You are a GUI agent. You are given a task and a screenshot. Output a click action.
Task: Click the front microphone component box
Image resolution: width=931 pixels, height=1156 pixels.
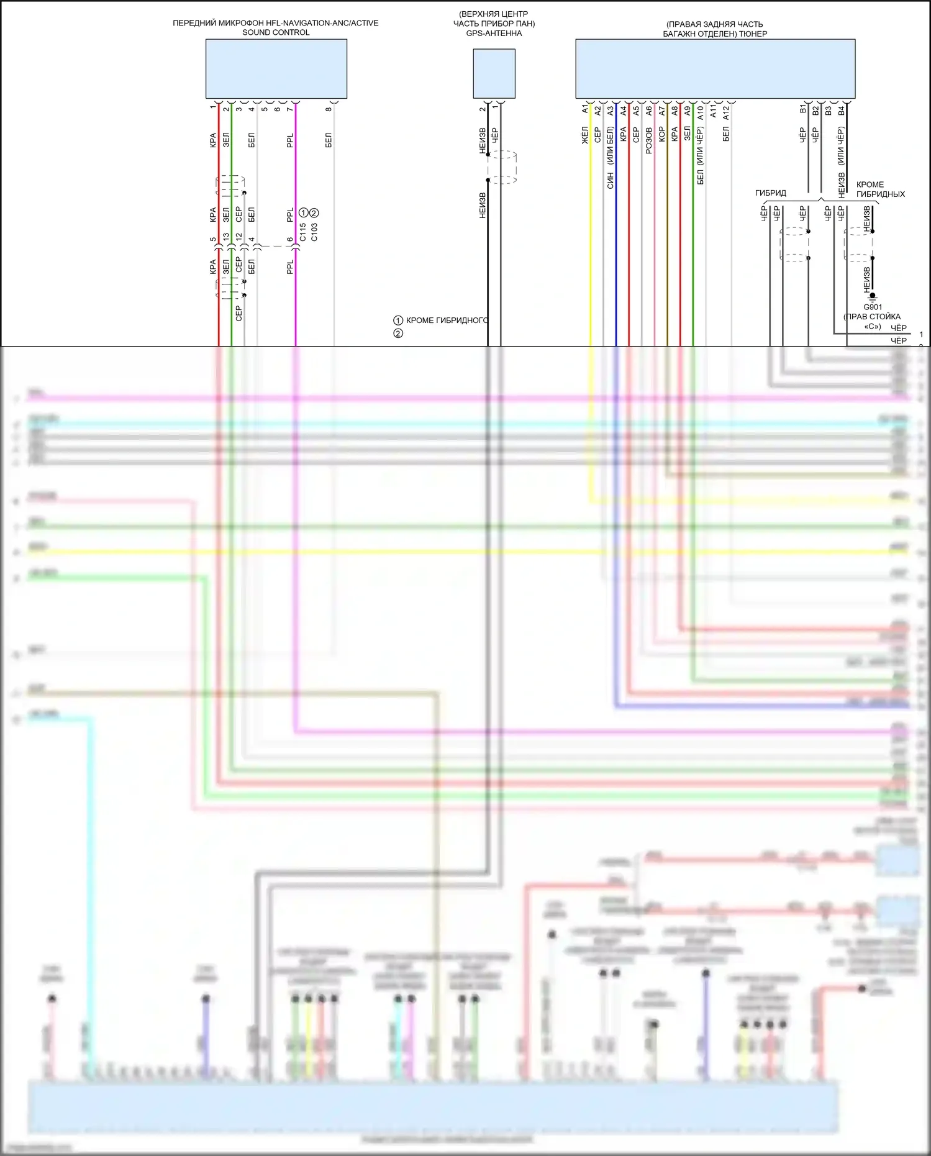pos(276,68)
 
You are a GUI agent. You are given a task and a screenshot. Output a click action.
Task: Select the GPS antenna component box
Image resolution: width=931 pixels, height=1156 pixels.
pos(494,73)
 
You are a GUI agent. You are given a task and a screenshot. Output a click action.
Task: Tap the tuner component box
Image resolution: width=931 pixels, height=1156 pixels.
pos(715,68)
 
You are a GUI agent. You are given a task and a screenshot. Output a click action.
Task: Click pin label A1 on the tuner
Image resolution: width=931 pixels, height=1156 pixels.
pos(584,109)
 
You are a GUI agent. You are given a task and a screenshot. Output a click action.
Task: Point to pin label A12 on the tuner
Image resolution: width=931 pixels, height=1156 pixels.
pos(725,112)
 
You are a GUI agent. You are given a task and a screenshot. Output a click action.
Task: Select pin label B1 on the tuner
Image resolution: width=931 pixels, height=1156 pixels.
pos(802,109)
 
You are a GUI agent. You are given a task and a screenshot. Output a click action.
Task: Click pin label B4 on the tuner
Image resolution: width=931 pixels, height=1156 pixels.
pos(841,111)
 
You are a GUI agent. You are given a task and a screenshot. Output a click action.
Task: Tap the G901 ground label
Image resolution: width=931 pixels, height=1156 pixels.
pos(872,307)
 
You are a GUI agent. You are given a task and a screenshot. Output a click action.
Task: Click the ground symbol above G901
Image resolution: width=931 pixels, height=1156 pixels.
pos(872,297)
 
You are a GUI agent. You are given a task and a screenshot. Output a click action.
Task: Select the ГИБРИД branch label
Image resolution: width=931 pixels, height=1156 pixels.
pos(770,193)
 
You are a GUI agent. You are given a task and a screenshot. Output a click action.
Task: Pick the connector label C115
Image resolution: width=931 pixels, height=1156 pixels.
pos(302,232)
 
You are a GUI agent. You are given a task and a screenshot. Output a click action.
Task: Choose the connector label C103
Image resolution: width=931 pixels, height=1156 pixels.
pos(314,232)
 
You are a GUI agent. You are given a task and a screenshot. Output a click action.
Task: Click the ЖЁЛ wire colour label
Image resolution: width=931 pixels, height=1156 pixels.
pos(584,135)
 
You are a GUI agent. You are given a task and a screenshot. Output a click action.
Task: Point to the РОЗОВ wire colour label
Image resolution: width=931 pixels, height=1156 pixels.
pos(648,140)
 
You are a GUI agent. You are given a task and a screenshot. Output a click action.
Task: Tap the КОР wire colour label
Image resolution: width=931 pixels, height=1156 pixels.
pos(661,135)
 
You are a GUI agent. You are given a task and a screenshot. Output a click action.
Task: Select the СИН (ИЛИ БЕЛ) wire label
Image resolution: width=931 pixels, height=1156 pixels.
pos(610,158)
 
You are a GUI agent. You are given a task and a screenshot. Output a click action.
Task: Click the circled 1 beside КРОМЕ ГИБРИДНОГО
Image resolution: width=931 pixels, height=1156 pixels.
pos(398,321)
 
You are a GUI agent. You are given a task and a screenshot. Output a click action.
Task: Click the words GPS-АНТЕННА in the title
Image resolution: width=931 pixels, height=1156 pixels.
pos(494,34)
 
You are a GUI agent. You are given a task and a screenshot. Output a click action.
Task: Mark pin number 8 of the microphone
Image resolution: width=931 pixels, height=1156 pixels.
pos(329,110)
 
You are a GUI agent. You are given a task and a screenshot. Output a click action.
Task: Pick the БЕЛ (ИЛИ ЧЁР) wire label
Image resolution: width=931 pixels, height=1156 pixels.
pos(700,155)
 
